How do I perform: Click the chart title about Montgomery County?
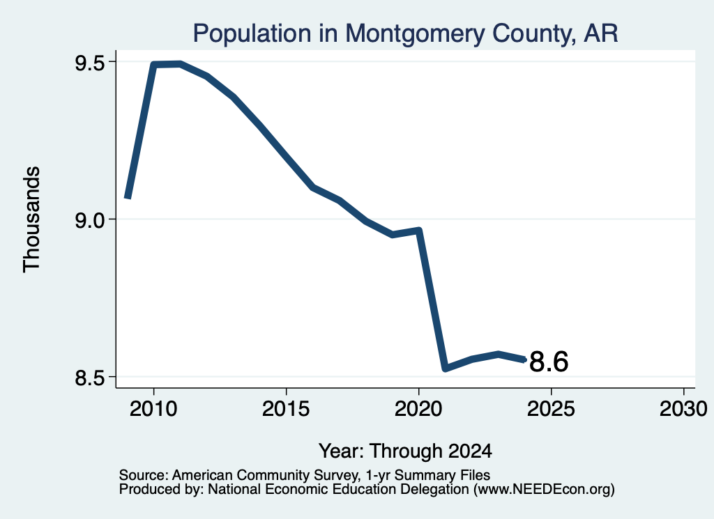pyautogui.click(x=405, y=33)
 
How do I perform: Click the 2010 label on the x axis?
pyautogui.click(x=153, y=409)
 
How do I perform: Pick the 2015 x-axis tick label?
pyautogui.click(x=286, y=409)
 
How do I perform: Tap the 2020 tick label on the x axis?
pyautogui.click(x=418, y=409)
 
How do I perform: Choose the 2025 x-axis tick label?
pyautogui.click(x=551, y=409)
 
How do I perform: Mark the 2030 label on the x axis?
pyautogui.click(x=683, y=409)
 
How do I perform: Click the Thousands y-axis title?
pyautogui.click(x=31, y=219)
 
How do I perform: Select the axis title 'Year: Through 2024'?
pyautogui.click(x=405, y=451)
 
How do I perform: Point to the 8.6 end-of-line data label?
pyautogui.click(x=549, y=362)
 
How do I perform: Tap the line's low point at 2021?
pyautogui.click(x=446, y=368)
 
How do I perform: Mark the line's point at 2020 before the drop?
pyautogui.click(x=418, y=231)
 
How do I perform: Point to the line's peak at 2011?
pyautogui.click(x=181, y=63)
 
